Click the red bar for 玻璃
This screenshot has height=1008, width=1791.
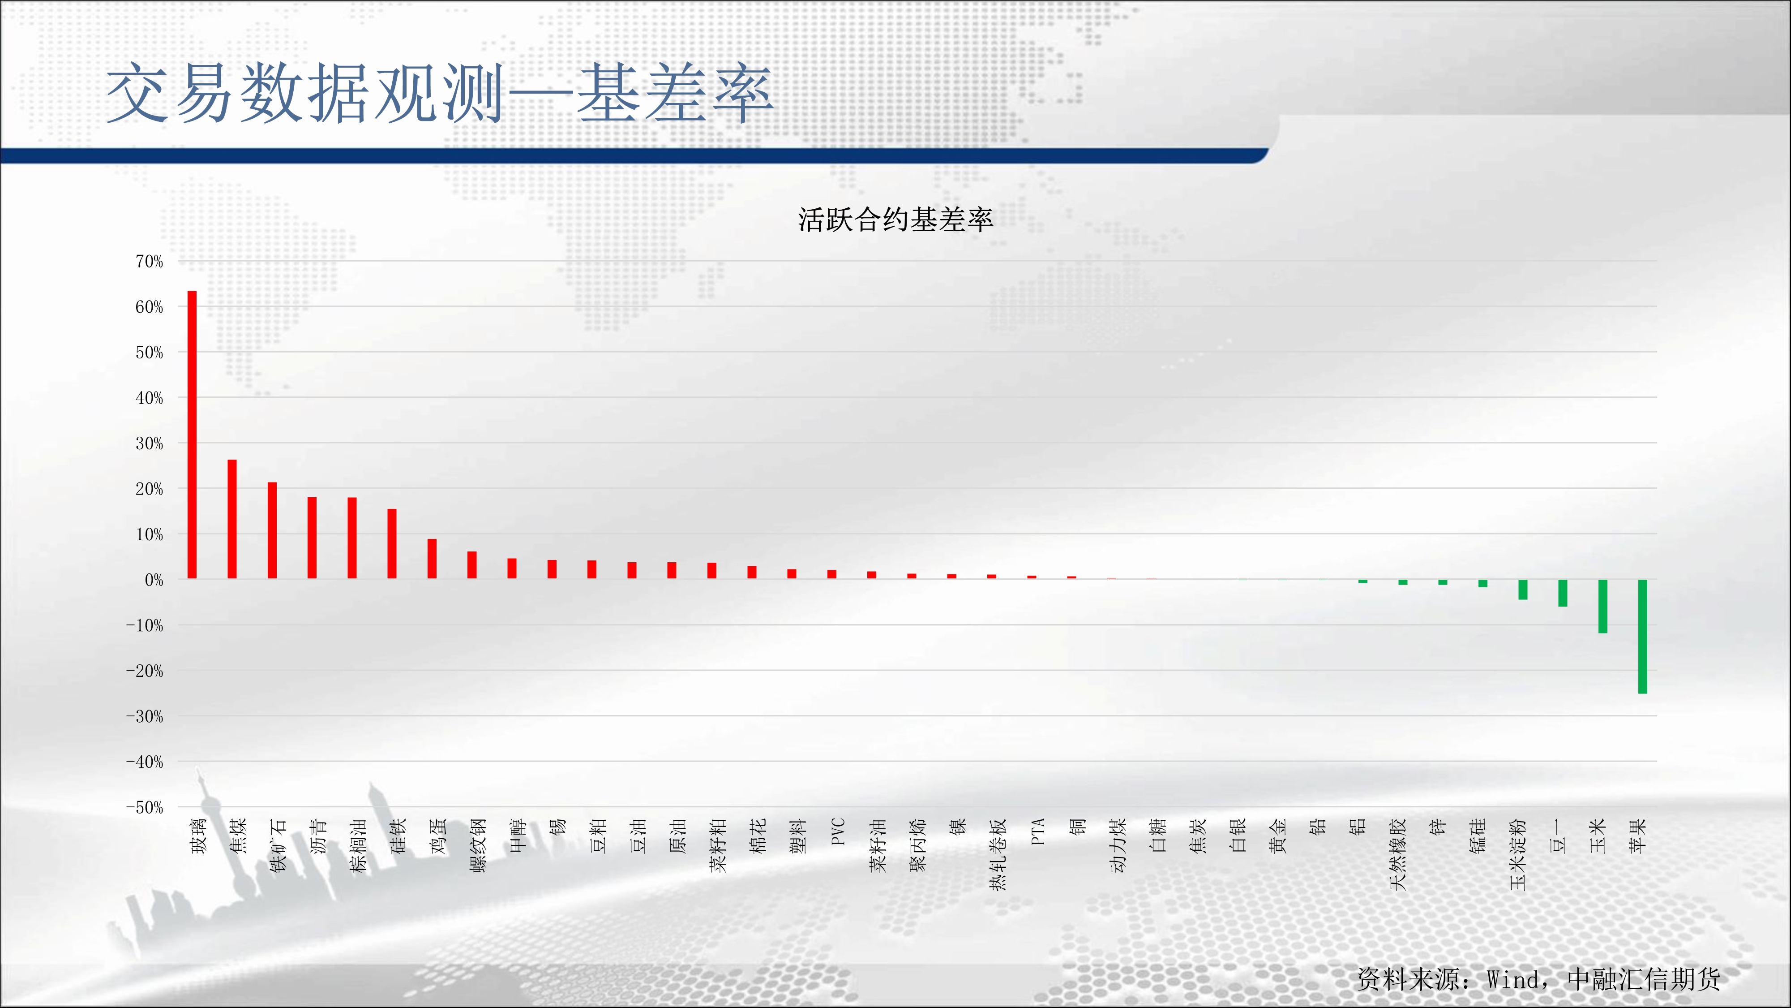[x=192, y=435]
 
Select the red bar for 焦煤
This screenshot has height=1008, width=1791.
[x=232, y=519]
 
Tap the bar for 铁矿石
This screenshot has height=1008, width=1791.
[x=272, y=530]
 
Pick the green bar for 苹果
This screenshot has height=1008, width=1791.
[x=1643, y=637]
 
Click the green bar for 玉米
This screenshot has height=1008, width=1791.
[x=1602, y=607]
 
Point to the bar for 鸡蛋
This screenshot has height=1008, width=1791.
[x=432, y=559]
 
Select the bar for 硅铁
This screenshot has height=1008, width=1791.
[x=392, y=544]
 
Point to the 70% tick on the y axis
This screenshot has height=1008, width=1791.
[x=149, y=262]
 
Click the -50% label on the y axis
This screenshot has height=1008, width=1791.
[x=145, y=808]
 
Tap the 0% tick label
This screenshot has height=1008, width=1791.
[x=154, y=580]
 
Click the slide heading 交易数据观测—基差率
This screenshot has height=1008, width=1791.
[x=439, y=93]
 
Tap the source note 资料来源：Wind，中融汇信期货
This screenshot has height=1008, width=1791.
[x=1538, y=979]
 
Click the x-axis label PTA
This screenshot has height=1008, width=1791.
[x=1037, y=832]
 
